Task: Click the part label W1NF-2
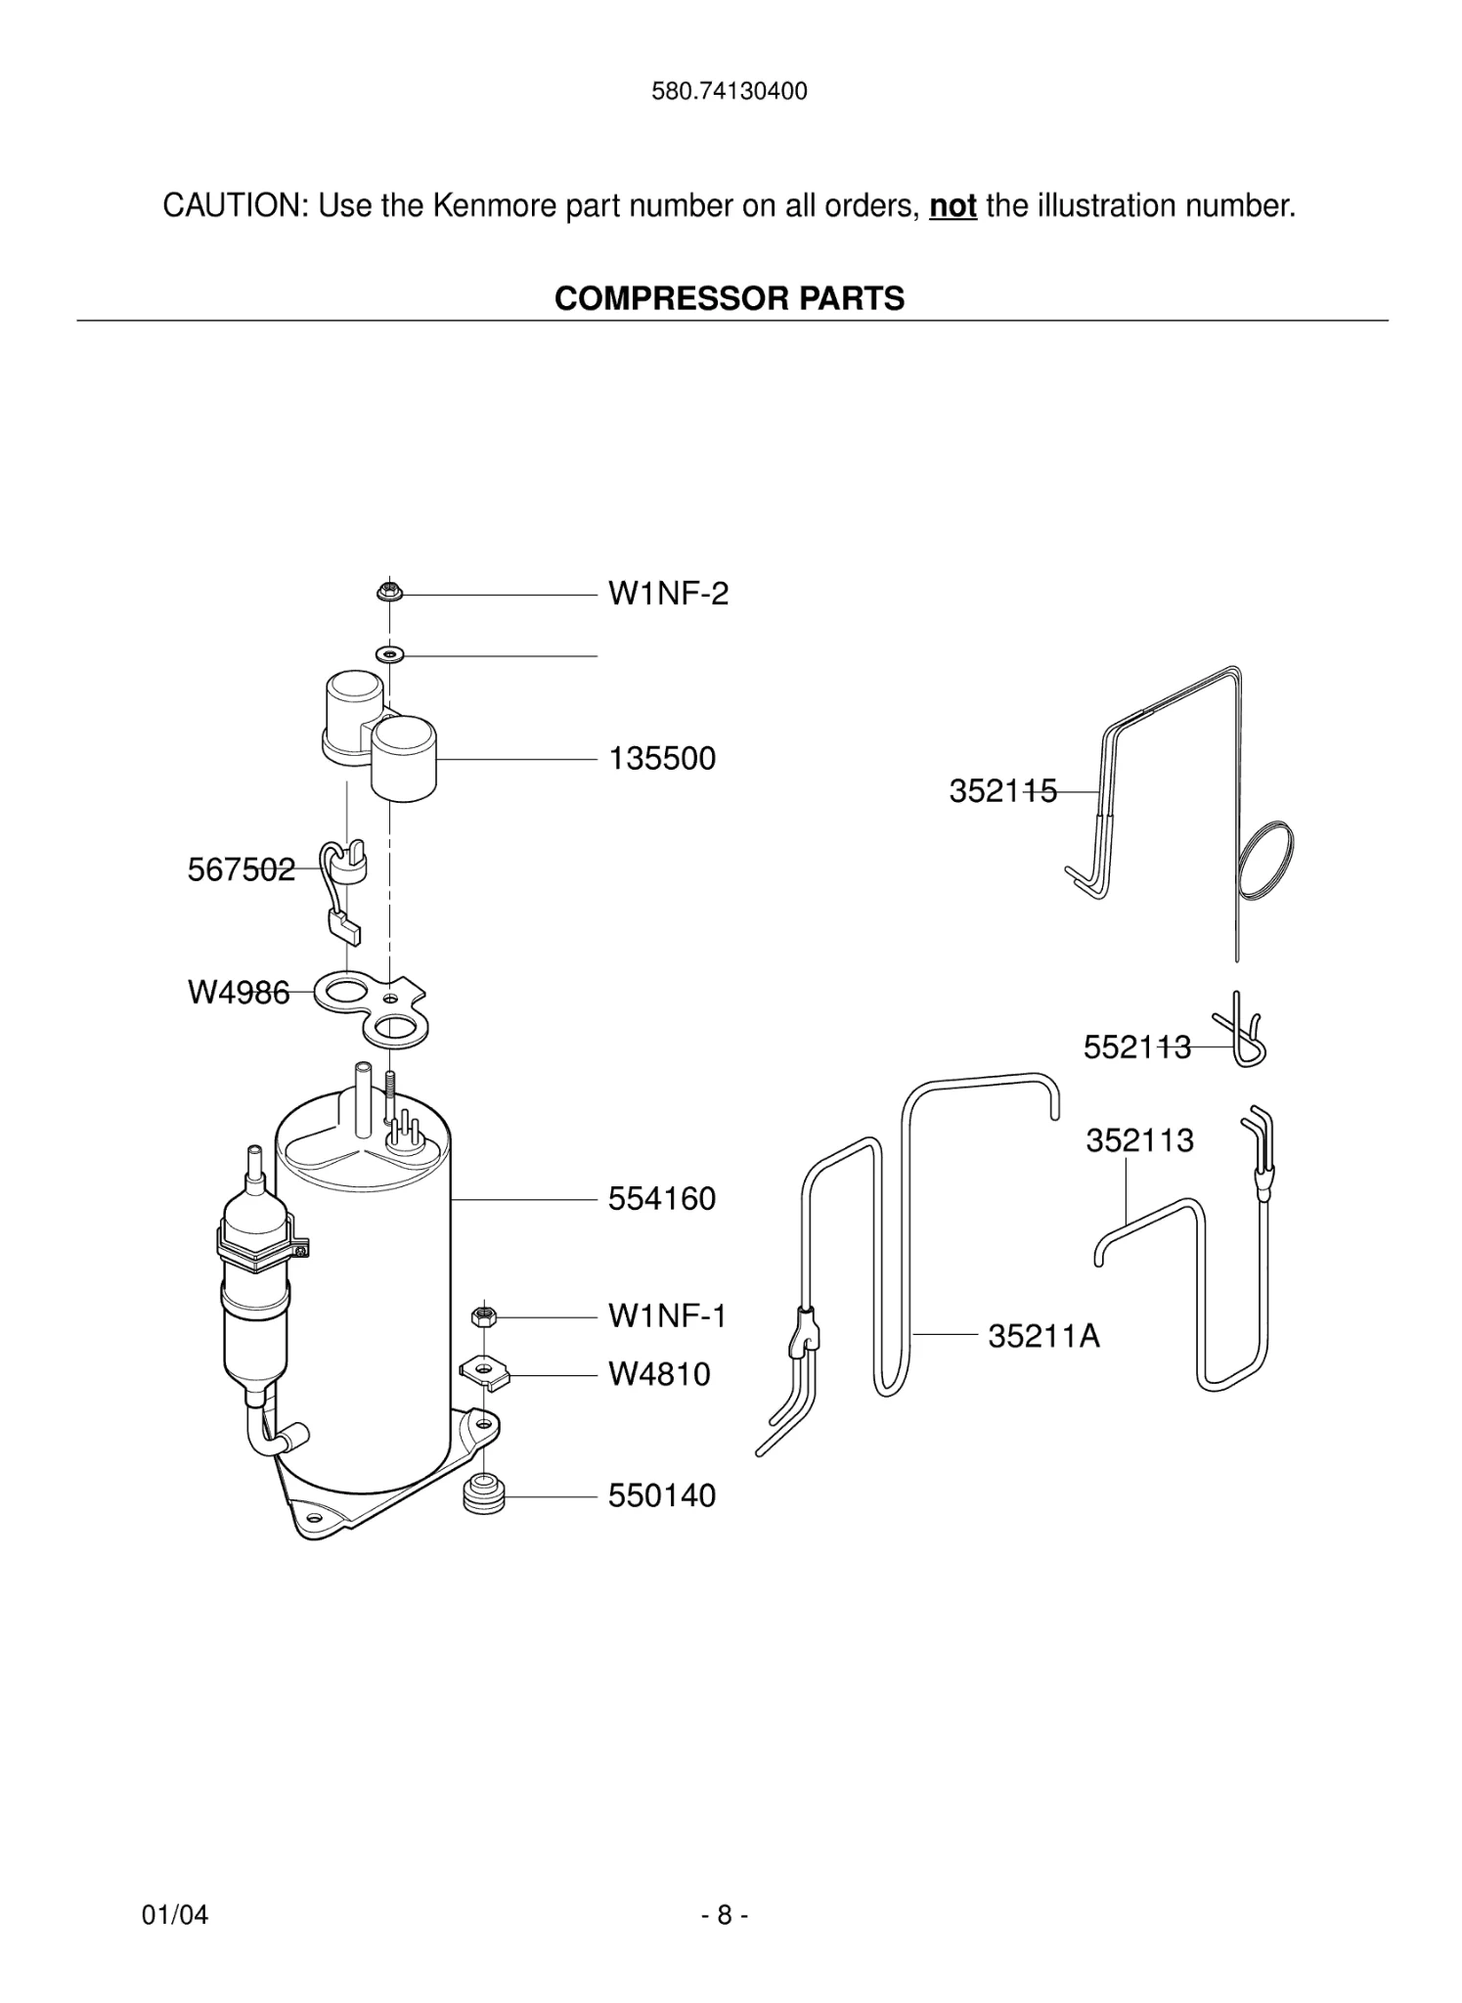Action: [x=668, y=594]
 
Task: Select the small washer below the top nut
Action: [x=390, y=653]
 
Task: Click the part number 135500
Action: [x=662, y=759]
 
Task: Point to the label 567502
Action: [x=241, y=869]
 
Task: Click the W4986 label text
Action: [x=239, y=994]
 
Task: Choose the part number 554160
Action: [x=662, y=1199]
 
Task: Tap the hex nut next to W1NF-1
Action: [x=480, y=1316]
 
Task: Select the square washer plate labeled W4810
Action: [x=486, y=1372]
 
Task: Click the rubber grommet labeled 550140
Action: [x=483, y=1496]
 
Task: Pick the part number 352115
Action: [x=1002, y=791]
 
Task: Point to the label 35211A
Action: [x=1043, y=1336]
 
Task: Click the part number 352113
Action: [x=1139, y=1140]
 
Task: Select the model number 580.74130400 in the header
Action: [x=730, y=92]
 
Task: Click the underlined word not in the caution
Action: [x=953, y=206]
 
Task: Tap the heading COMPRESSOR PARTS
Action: [x=730, y=298]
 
